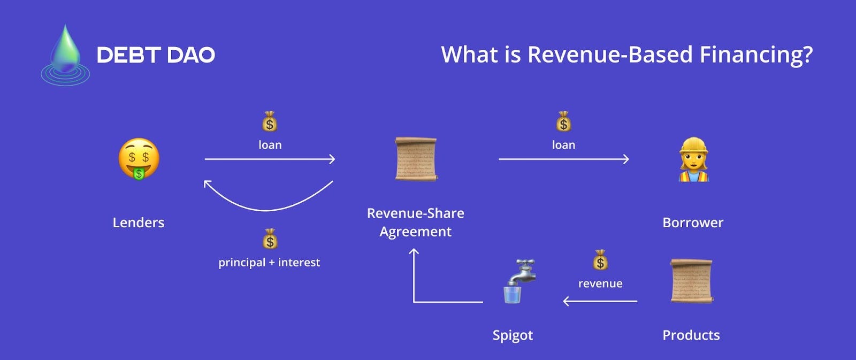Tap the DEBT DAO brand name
[156, 55]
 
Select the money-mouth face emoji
[139, 159]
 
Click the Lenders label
[138, 223]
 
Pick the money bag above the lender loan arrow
[270, 122]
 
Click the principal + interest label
[269, 262]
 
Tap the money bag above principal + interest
[270, 239]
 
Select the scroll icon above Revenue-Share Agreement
[416, 159]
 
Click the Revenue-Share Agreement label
[416, 222]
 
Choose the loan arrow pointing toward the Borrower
[563, 159]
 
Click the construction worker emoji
[693, 159]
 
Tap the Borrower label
[693, 223]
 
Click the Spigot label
[513, 335]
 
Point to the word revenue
[600, 284]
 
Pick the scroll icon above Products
[692, 281]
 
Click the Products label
[691, 335]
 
